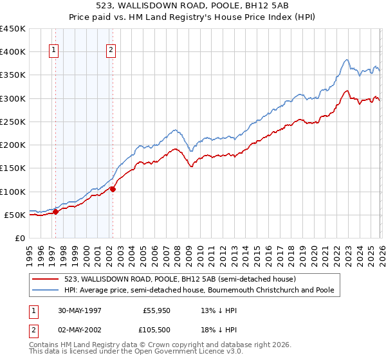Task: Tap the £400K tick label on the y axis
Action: click(13, 52)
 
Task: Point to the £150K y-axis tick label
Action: click(13, 168)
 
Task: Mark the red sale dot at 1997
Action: click(56, 212)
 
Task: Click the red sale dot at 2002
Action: click(113, 189)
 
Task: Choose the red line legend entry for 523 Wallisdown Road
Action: click(179, 280)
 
